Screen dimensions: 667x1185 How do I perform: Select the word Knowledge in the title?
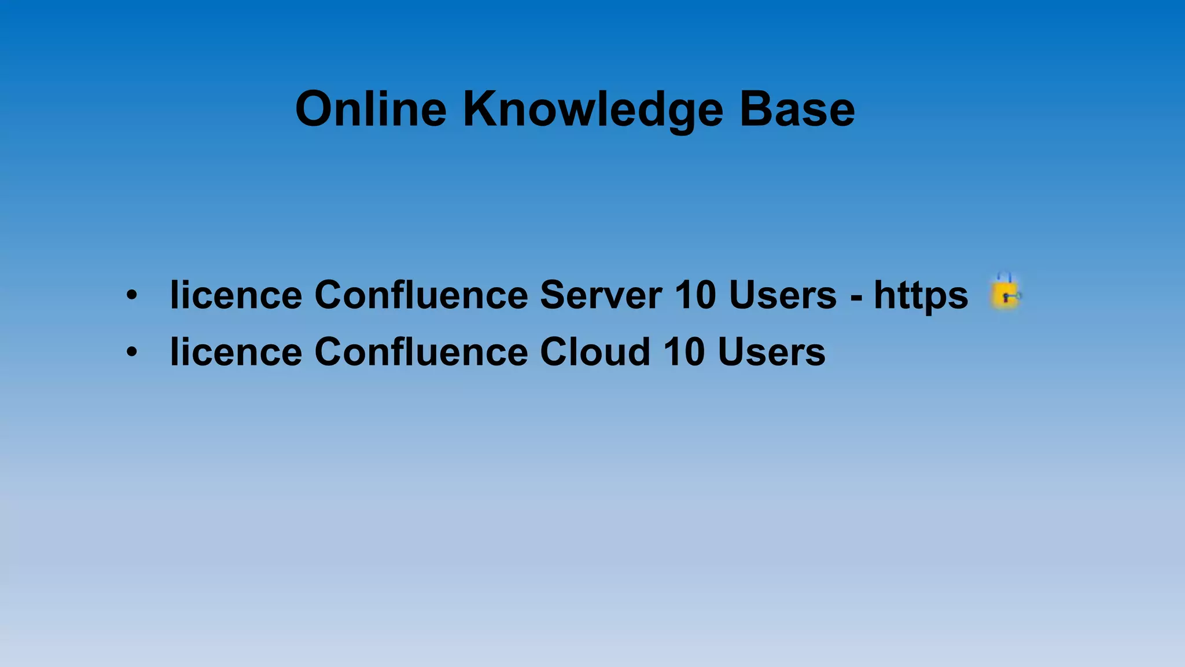593,110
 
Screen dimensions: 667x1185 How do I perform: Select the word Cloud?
595,351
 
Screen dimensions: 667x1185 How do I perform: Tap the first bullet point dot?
132,295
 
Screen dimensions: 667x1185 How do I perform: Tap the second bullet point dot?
132,351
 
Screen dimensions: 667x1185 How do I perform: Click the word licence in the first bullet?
236,295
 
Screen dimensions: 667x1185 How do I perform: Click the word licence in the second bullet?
236,351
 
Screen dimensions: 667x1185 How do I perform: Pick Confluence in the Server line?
421,295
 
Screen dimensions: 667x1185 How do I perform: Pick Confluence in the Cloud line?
421,351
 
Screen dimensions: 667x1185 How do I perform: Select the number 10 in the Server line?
695,295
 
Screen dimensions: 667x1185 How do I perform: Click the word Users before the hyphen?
782,295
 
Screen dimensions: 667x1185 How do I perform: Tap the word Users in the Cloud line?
771,351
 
